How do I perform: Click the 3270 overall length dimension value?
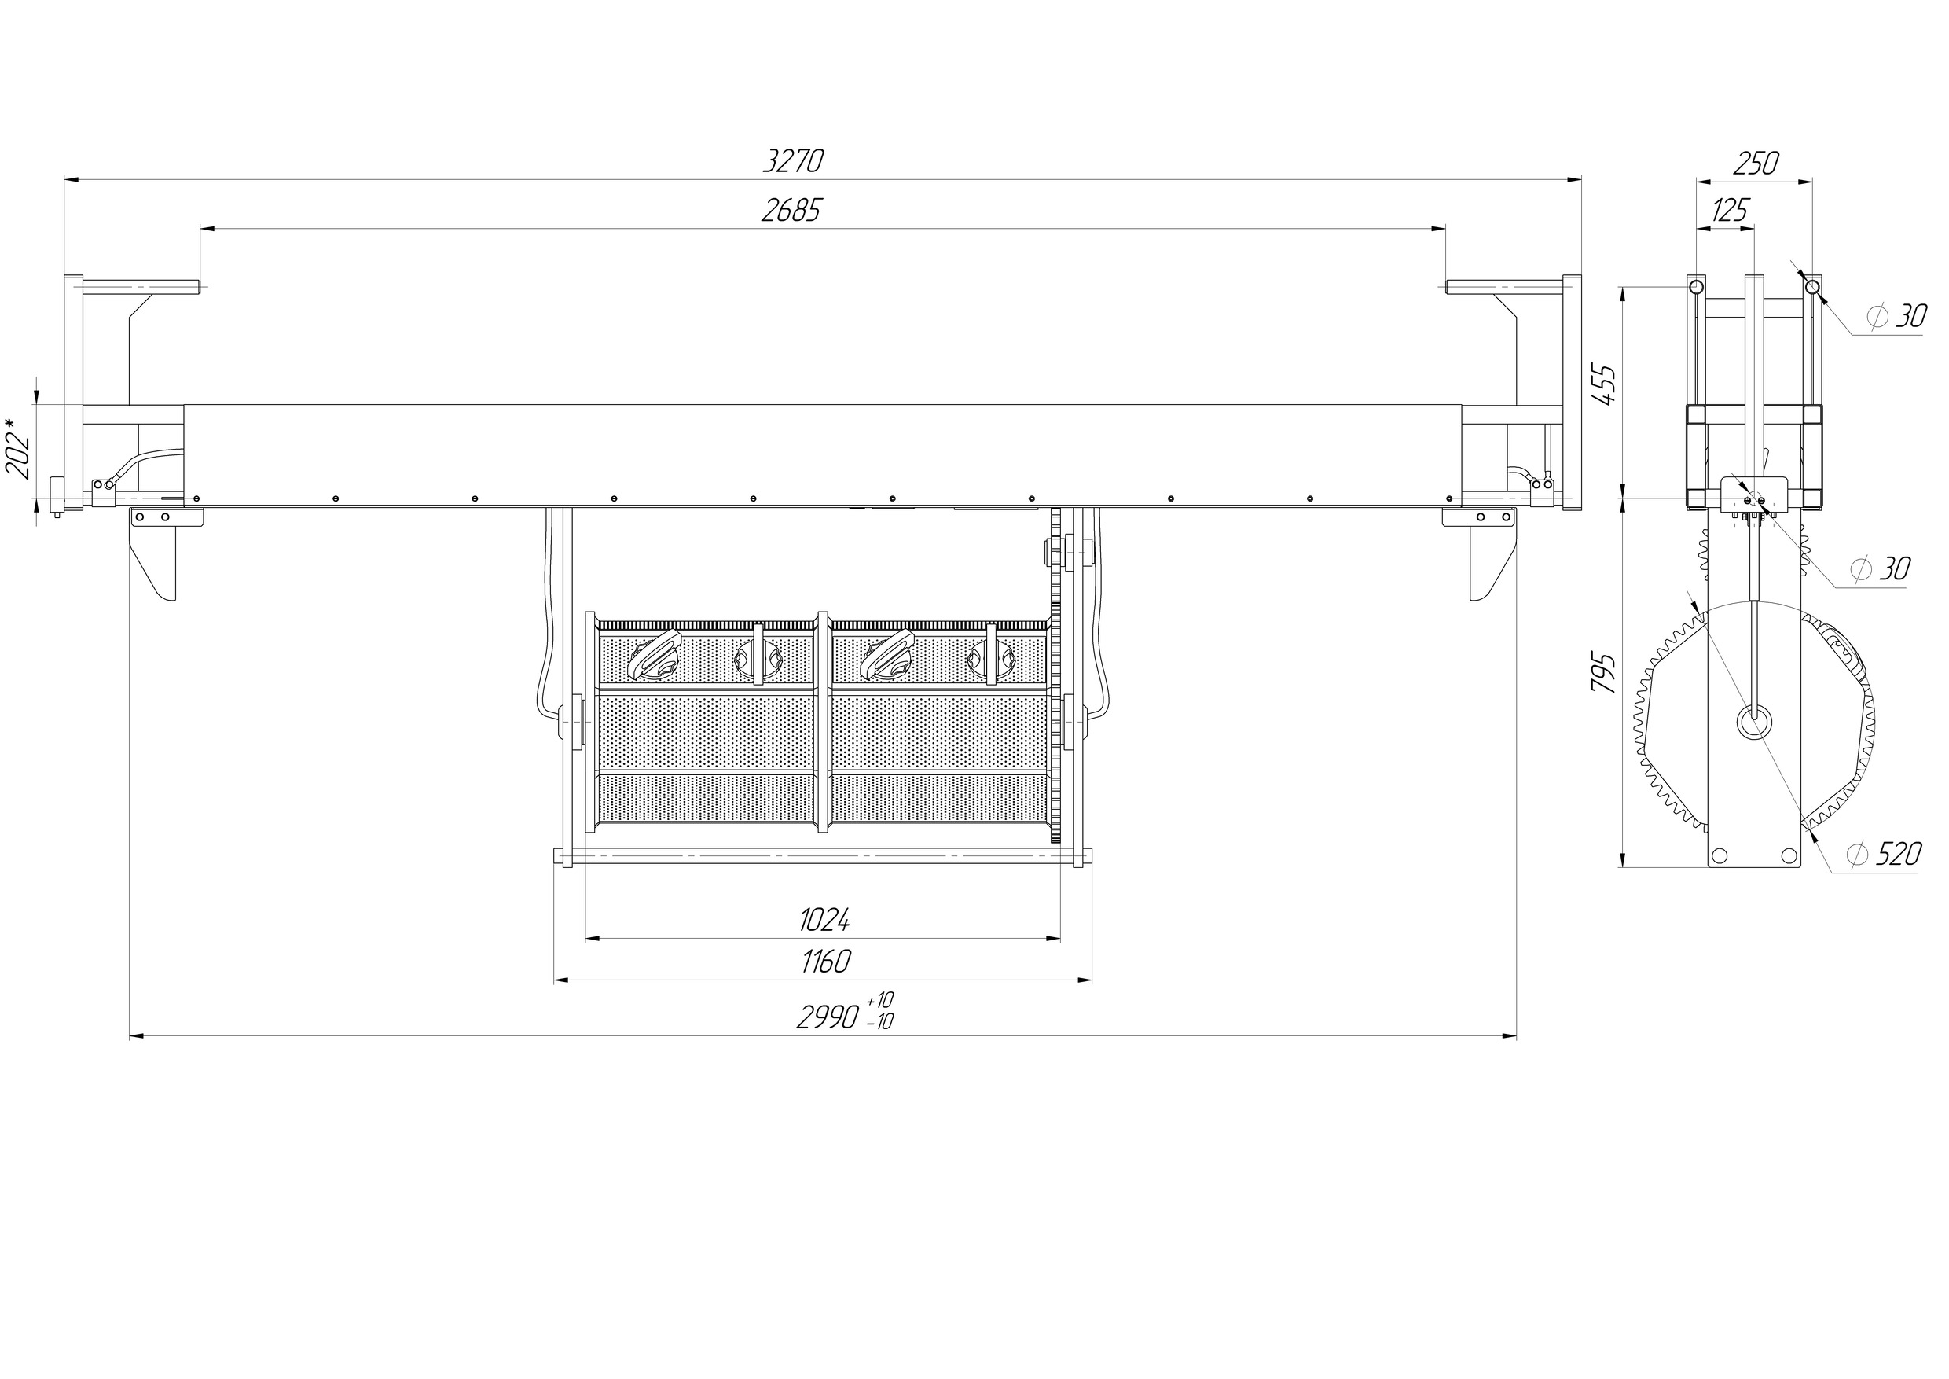click(x=793, y=161)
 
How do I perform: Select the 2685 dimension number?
click(x=791, y=211)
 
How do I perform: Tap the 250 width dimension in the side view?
click(x=1756, y=163)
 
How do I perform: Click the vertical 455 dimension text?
click(x=1604, y=384)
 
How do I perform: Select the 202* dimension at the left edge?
click(x=19, y=447)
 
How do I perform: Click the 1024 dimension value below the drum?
click(x=824, y=919)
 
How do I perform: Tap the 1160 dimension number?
click(x=825, y=962)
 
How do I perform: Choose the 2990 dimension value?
click(x=828, y=1017)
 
